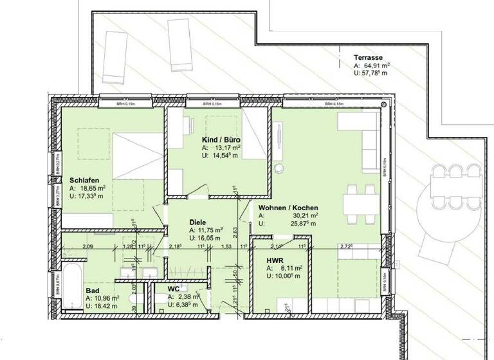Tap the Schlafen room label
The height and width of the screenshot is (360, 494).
84,180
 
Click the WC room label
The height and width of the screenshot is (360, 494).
173,289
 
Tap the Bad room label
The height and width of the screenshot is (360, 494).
92,291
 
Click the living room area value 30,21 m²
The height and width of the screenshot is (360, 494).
307,217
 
